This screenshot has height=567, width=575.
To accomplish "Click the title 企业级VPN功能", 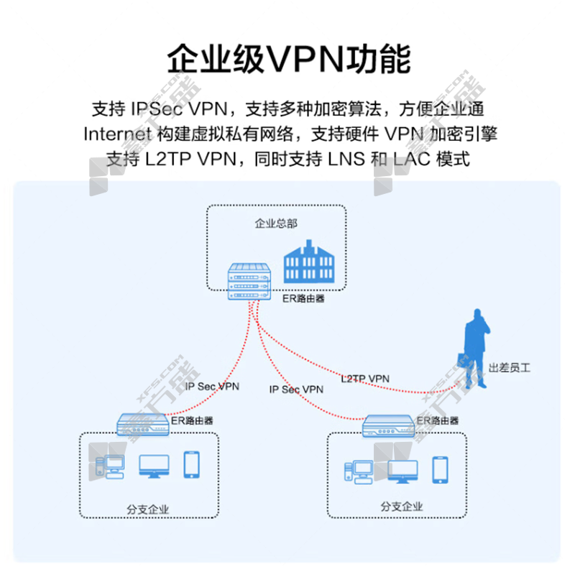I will coord(287,59).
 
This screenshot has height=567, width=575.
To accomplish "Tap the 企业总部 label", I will coord(276,223).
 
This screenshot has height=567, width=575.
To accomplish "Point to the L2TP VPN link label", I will coord(365,378).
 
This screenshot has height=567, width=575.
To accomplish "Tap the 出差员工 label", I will coord(509,368).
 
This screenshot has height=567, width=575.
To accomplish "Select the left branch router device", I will coord(144,424).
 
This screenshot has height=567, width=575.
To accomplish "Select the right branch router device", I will coord(389,425).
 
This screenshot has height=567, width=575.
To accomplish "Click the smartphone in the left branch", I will coord(191,464).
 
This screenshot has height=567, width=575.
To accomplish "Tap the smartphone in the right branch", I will coord(440,469).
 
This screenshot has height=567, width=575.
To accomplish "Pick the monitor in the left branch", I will coord(154,466).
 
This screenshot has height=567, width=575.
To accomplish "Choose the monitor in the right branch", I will coord(403,471).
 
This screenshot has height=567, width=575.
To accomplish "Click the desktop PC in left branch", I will coord(112,466).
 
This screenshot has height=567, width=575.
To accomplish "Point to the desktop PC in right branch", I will coord(359,471).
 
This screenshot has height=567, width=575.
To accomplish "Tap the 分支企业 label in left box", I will coord(147,510).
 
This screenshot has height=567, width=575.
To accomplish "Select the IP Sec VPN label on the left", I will coord(212,386).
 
